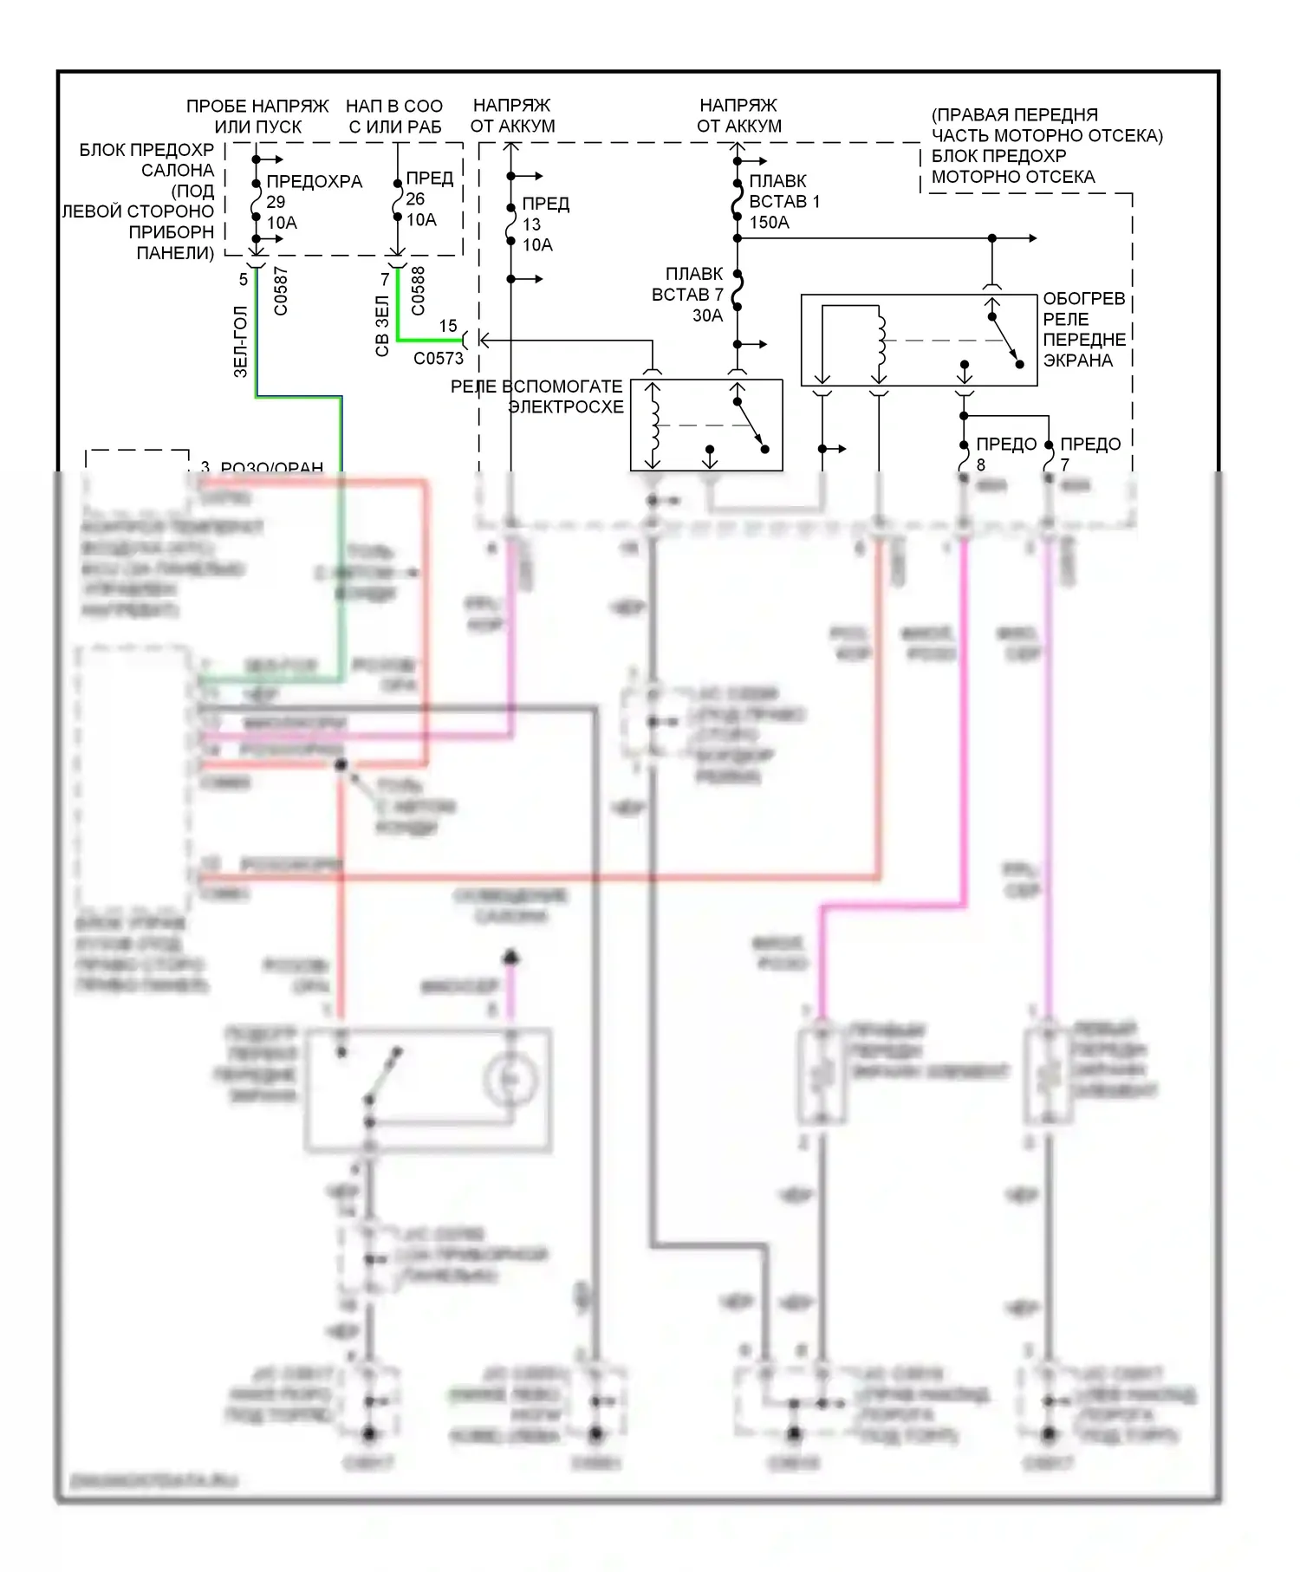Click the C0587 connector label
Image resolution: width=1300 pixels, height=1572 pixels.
pos(280,292)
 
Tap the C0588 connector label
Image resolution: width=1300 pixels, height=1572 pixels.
pos(418,291)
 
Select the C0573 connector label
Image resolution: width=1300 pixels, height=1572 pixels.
pos(438,359)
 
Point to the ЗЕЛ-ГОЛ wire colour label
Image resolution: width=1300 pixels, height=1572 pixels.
pos(241,342)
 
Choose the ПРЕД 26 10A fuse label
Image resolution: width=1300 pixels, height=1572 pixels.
pos(428,199)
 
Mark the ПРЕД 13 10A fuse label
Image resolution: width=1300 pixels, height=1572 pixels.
pos(544,224)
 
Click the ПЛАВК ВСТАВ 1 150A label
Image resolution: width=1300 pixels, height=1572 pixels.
pos(783,202)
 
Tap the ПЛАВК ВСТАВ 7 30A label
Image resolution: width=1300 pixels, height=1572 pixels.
pos(688,295)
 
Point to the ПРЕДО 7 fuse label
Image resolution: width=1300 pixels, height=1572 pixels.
pos(1089,453)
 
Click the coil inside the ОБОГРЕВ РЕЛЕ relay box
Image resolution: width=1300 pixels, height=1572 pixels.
pos(882,340)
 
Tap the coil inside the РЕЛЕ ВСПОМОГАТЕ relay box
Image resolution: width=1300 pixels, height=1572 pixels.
pos(655,425)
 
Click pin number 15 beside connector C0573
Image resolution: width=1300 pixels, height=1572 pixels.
pos(447,326)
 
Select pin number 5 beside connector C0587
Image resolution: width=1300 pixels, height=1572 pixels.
pos(243,279)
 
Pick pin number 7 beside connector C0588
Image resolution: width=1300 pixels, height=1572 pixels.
pos(385,280)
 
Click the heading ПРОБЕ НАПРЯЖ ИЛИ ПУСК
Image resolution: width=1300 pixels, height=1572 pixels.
pos(257,116)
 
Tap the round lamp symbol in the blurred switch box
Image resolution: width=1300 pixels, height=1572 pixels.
pos(510,1080)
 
